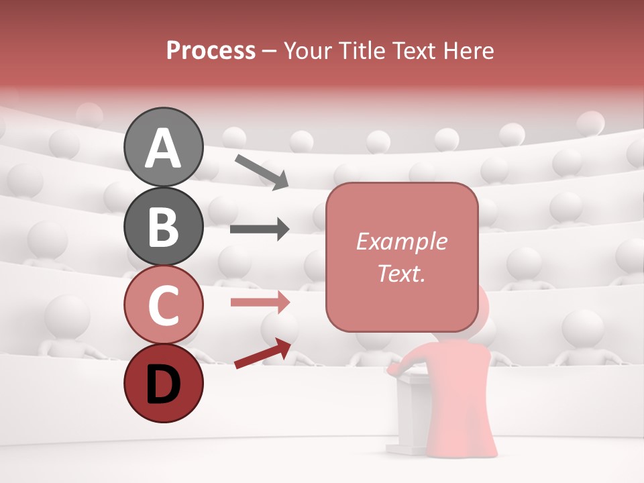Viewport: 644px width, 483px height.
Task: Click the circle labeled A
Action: [x=163, y=147]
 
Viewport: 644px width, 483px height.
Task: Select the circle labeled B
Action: [x=163, y=227]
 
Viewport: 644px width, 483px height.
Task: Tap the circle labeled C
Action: [x=163, y=306]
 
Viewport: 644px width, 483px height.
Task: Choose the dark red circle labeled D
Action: [x=163, y=384]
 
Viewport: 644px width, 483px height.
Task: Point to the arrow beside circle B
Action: [x=260, y=229]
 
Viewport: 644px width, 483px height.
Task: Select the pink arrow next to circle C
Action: [x=260, y=302]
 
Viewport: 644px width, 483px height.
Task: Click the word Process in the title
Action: [x=211, y=50]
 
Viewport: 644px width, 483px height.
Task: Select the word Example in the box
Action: [x=401, y=241]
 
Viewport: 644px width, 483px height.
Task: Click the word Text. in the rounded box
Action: [x=401, y=273]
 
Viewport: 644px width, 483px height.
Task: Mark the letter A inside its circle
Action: [x=163, y=148]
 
